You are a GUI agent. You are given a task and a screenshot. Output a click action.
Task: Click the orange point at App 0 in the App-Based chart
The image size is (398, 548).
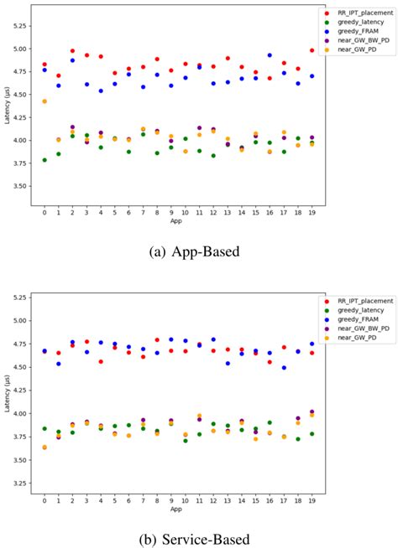pyautogui.click(x=45, y=101)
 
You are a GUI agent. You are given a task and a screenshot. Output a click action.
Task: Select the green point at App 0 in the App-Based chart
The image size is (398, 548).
pyautogui.click(x=45, y=160)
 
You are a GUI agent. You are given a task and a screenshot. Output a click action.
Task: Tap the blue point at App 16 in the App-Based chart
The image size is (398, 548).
pyautogui.click(x=270, y=55)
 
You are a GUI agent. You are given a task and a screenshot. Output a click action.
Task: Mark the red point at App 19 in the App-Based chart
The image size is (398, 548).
pyautogui.click(x=312, y=50)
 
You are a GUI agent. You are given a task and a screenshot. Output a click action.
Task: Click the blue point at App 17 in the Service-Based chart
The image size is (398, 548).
pyautogui.click(x=284, y=368)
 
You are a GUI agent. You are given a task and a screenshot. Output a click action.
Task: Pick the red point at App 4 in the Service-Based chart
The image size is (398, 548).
pyautogui.click(x=101, y=362)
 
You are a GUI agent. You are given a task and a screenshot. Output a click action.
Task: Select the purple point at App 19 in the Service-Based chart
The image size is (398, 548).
pyautogui.click(x=312, y=412)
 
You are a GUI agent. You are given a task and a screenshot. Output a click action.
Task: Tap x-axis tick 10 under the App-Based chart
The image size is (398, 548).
pyautogui.click(x=185, y=212)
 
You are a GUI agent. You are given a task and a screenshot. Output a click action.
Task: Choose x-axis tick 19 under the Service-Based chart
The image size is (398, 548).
pyautogui.click(x=312, y=500)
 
